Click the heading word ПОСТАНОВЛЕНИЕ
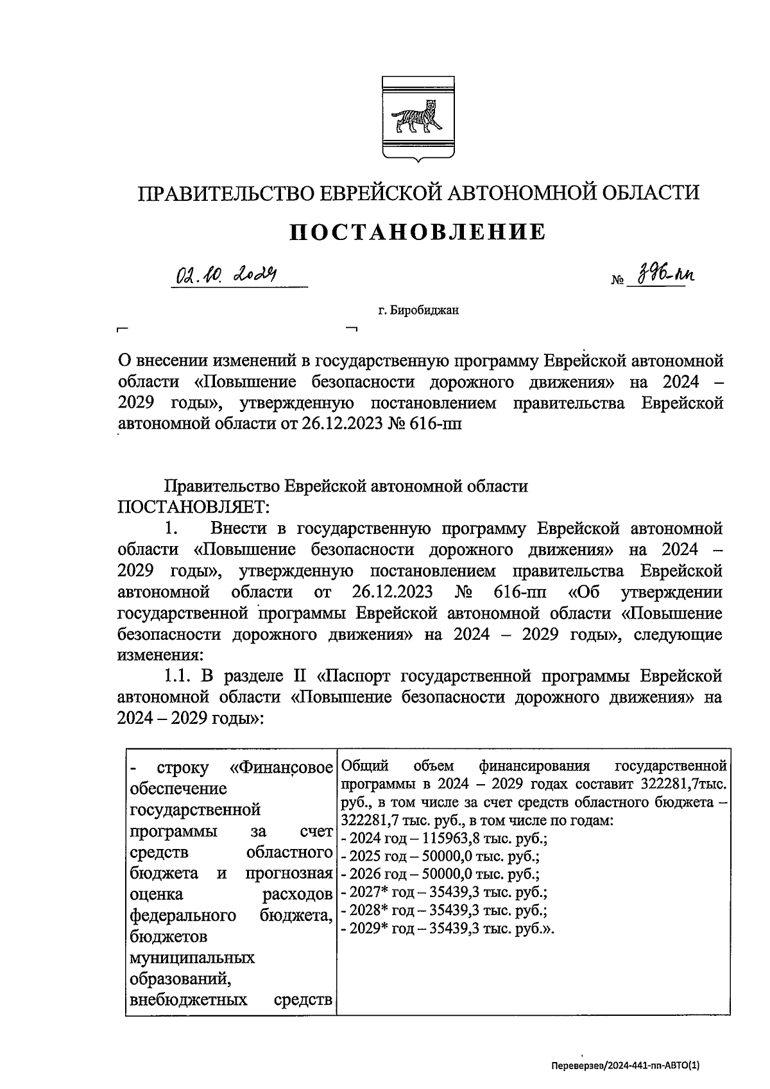tap(418, 232)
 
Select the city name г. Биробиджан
tap(418, 311)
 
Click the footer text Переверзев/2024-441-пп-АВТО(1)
tap(626, 1065)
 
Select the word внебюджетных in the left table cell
tap(189, 1000)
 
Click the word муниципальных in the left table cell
tap(192, 957)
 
